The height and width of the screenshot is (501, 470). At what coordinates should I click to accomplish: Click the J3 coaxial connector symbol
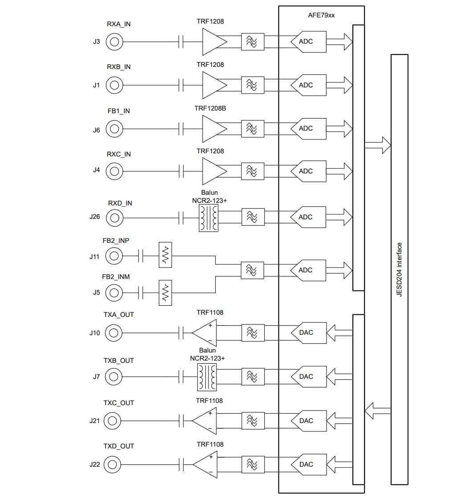click(x=114, y=42)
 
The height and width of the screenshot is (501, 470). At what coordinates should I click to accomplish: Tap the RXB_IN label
click(x=119, y=67)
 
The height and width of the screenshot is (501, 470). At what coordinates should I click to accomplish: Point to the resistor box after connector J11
click(x=165, y=255)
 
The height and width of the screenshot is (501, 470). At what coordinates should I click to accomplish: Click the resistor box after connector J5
click(x=165, y=293)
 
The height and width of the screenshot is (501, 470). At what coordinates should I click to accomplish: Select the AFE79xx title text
click(x=321, y=15)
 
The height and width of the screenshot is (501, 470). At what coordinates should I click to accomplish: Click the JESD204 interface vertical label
click(x=399, y=270)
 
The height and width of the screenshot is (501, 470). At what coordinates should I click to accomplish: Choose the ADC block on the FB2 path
click(x=308, y=270)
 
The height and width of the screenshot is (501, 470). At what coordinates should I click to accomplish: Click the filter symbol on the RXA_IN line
click(x=252, y=42)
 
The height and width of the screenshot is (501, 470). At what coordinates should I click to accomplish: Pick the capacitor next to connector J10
click(x=181, y=333)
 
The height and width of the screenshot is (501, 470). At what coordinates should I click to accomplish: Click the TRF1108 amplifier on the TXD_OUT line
click(x=204, y=464)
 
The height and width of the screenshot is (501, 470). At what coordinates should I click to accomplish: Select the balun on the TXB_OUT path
click(x=206, y=377)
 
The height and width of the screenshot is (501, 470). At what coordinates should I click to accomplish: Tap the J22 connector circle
click(x=112, y=464)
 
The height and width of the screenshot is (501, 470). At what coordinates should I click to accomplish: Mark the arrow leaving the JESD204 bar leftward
click(x=377, y=411)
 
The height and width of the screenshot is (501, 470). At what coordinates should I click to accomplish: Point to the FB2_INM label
click(x=116, y=277)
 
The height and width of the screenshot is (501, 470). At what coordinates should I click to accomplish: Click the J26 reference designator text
click(x=94, y=218)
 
